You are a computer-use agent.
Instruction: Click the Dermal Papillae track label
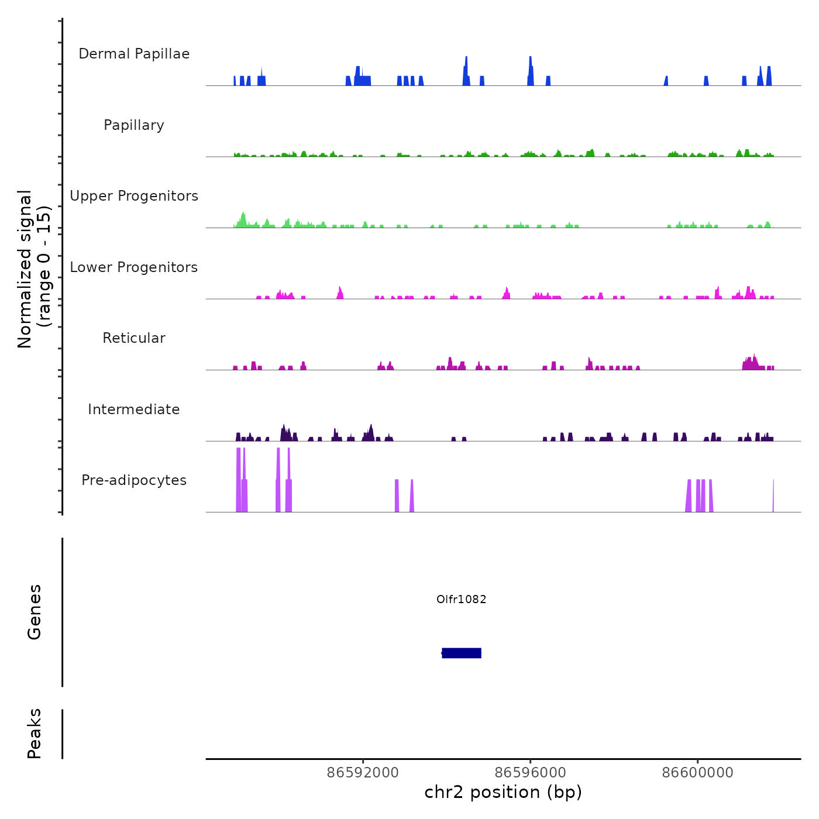pos(134,54)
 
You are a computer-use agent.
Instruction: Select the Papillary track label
pos(134,125)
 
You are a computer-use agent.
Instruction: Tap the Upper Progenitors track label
pos(134,196)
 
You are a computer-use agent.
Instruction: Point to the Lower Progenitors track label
pos(134,267)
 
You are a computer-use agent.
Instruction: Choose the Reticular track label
pos(134,338)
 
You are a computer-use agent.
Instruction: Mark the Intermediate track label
pos(134,409)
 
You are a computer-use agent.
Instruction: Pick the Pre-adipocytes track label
pos(134,480)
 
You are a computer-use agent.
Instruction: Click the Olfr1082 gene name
pos(462,599)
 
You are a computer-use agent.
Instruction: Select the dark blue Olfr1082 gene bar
pos(462,653)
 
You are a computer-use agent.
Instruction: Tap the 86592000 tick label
pos(363,772)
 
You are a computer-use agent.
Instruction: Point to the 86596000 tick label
pos(530,772)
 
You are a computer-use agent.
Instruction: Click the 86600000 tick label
pos(697,772)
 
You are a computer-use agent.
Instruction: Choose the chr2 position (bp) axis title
pos(503,792)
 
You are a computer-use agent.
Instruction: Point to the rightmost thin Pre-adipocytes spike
pos(773,496)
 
